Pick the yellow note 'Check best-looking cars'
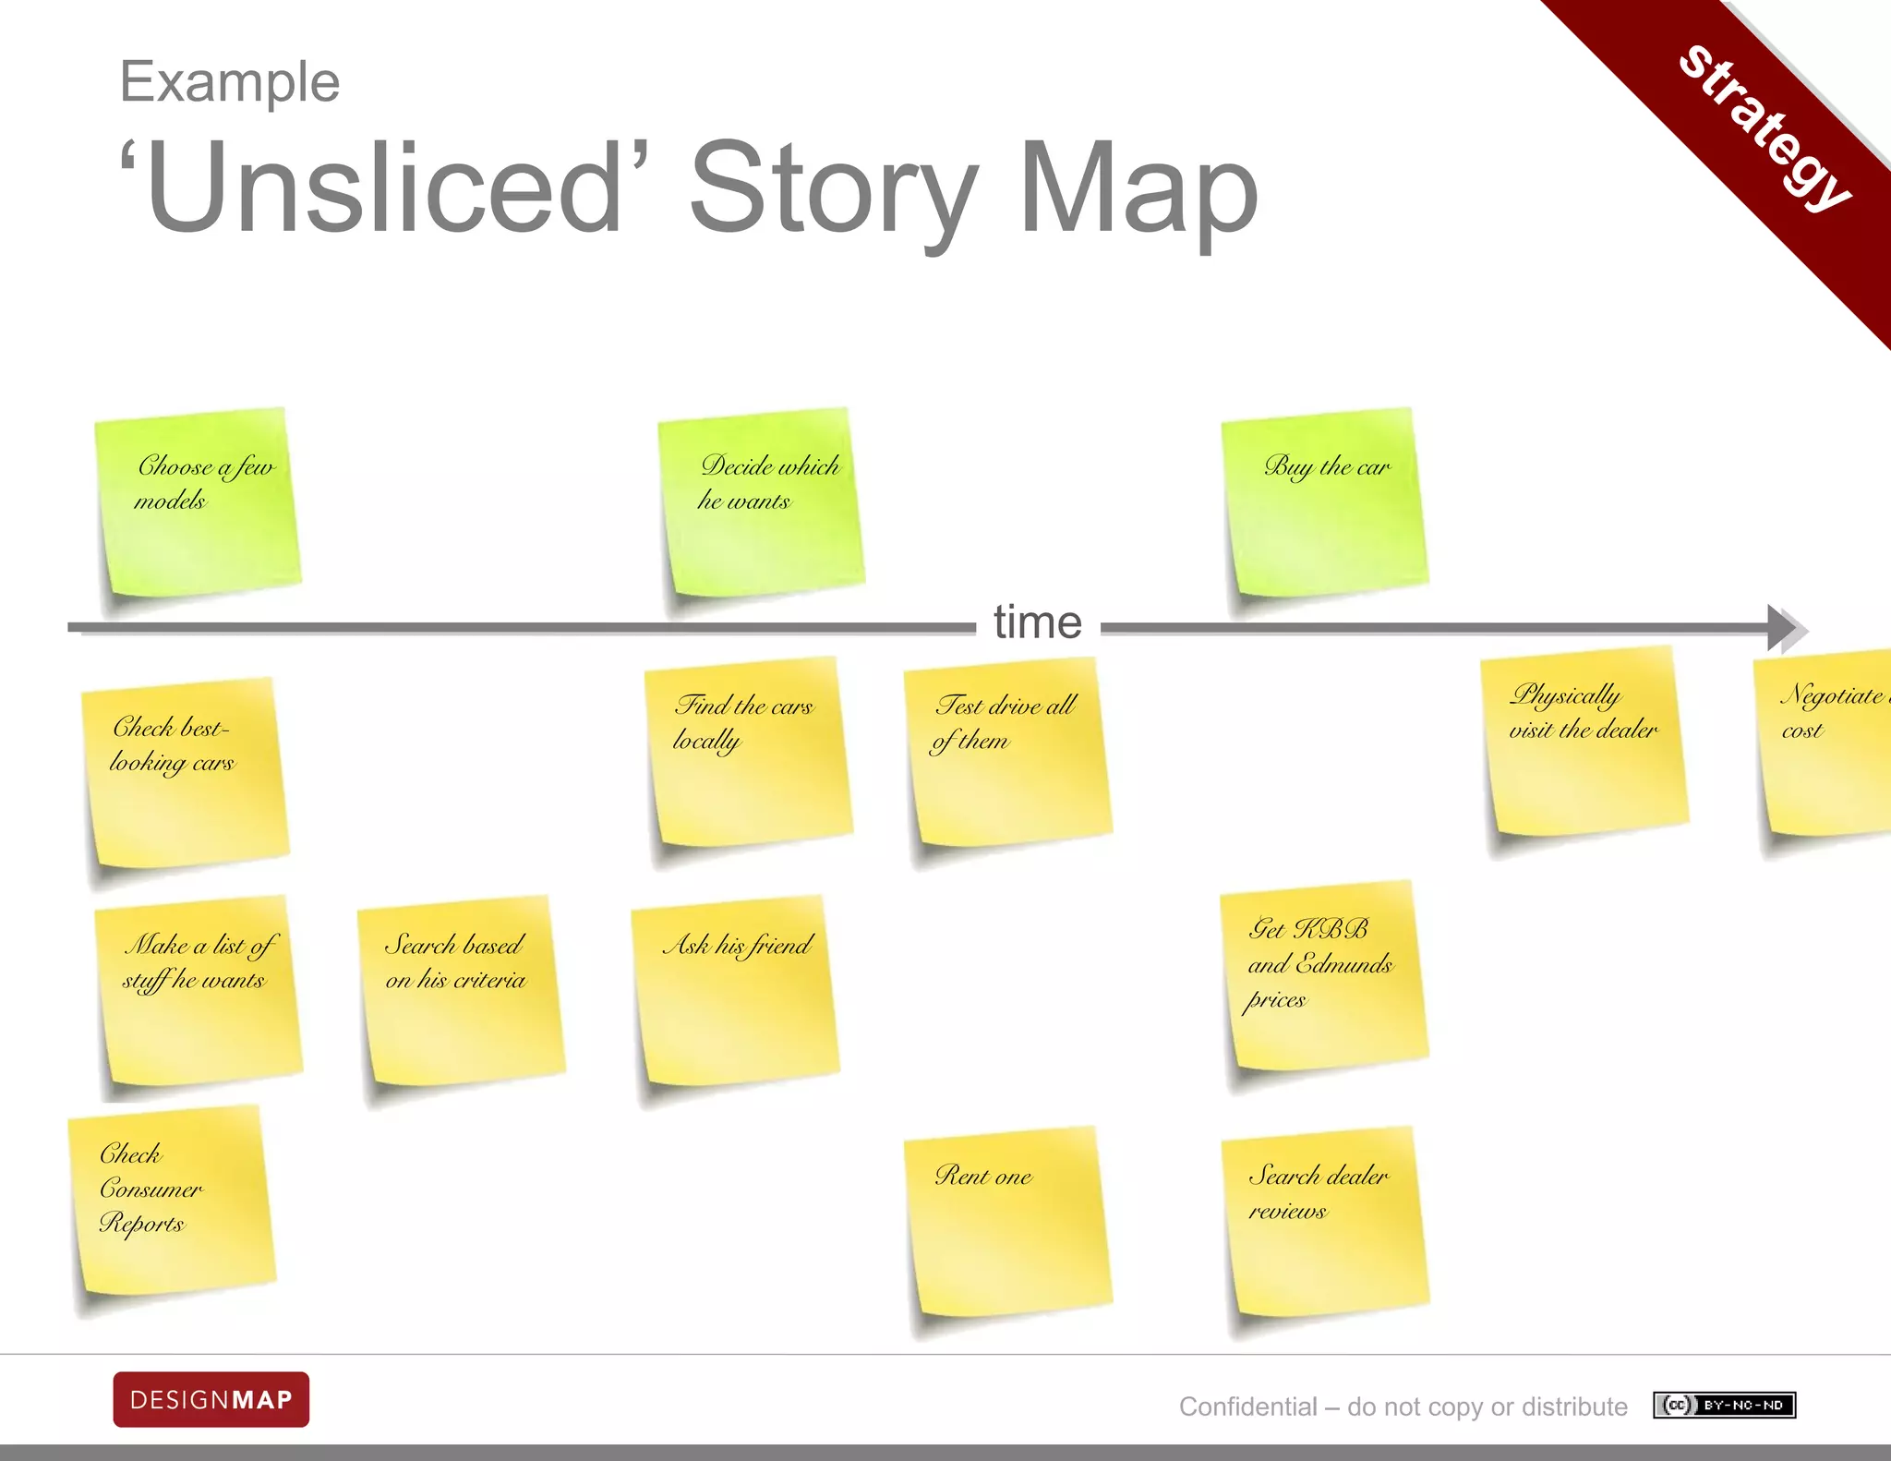(x=186, y=772)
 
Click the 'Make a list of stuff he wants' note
(x=199, y=989)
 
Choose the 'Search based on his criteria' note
(x=461, y=989)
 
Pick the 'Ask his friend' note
(x=735, y=989)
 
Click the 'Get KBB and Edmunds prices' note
(x=1324, y=975)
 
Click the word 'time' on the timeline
(x=1038, y=622)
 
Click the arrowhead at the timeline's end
(x=1786, y=629)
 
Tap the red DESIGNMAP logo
(x=211, y=1399)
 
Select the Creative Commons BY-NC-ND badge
(x=1724, y=1405)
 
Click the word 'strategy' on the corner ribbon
(x=1764, y=127)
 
